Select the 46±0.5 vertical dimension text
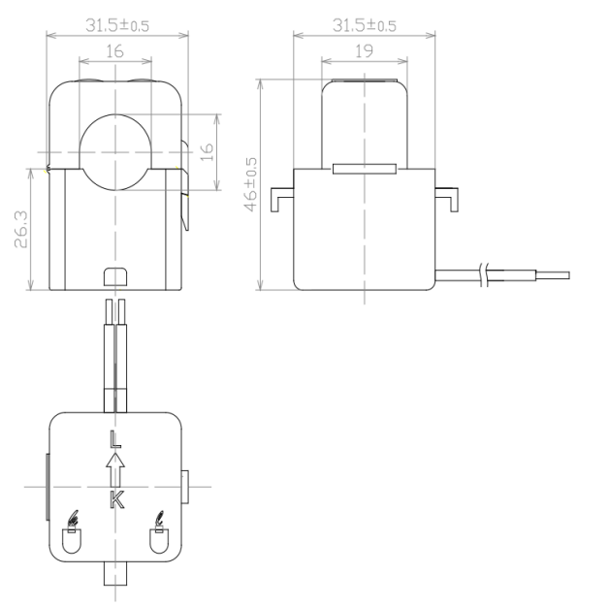(251, 184)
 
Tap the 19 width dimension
(364, 51)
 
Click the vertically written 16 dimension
(206, 152)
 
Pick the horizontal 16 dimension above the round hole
(115, 51)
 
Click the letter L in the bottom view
(115, 438)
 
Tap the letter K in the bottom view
(116, 500)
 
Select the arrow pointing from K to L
(115, 469)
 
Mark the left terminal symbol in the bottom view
(71, 533)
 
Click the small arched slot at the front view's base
(115, 277)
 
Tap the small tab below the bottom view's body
(115, 574)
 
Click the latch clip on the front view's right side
(185, 199)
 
